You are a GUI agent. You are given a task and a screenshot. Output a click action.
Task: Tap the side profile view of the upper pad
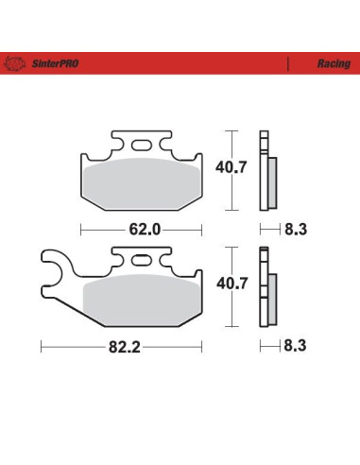click(x=269, y=171)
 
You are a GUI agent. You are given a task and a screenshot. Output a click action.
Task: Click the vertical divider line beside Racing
click(x=286, y=64)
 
